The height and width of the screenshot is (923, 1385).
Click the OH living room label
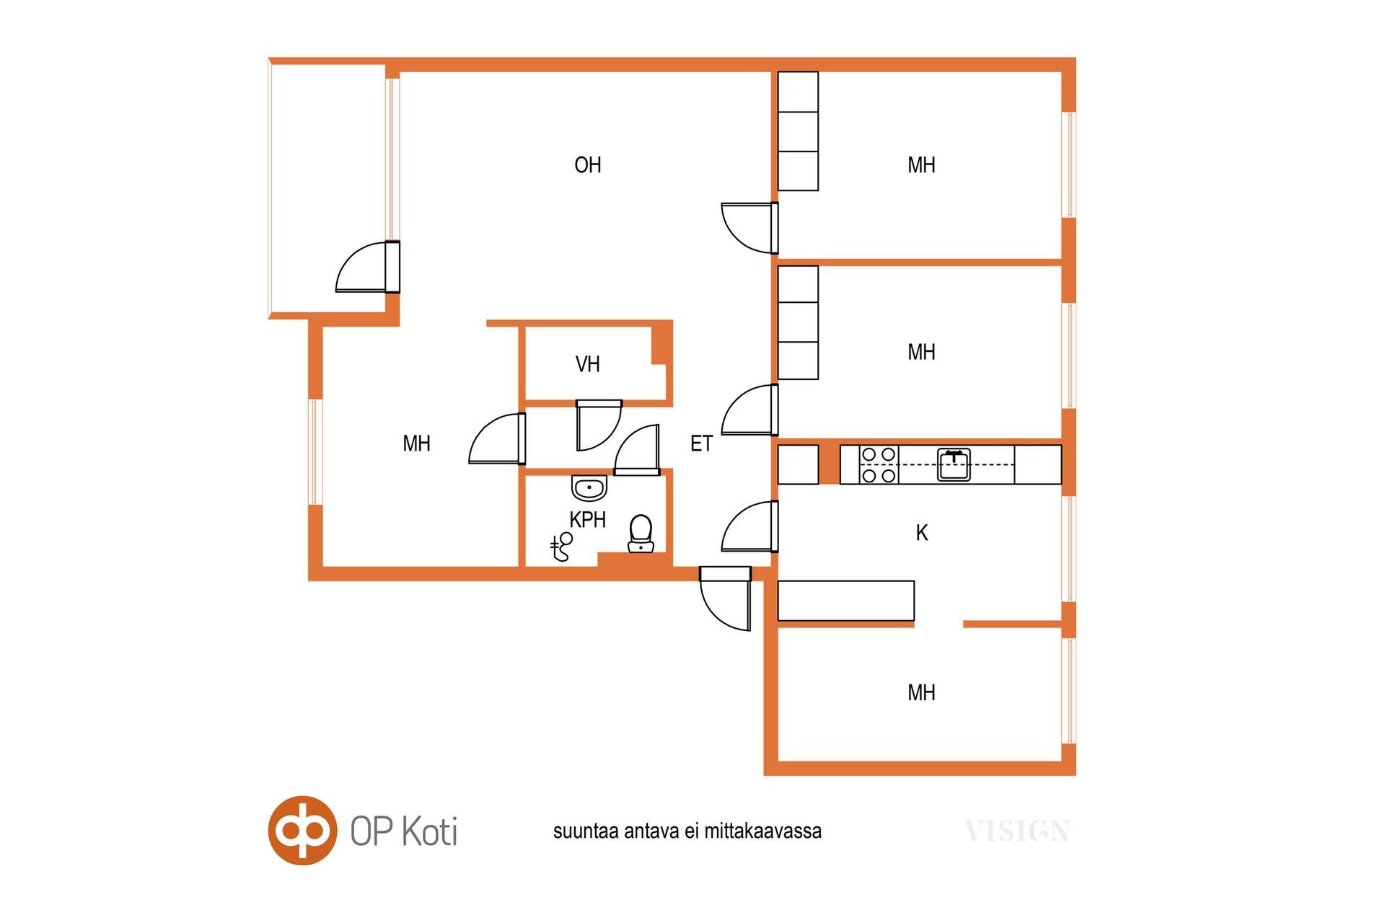coord(587,165)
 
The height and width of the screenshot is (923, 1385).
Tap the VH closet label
coord(587,364)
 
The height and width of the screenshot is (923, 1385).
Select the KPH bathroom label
coord(587,519)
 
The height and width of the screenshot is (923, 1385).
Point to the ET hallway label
coord(701,443)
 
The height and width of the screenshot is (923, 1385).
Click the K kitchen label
coord(921,533)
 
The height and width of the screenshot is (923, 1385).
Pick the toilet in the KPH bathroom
coord(641,534)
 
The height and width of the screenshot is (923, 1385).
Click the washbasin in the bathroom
coord(589,487)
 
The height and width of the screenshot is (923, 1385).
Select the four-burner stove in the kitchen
coord(879,464)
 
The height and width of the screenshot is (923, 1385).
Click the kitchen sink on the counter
coord(954,464)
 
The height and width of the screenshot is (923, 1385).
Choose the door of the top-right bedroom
coord(750,228)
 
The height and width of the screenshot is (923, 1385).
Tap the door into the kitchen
coord(750,526)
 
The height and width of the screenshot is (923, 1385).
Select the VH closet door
coord(599,425)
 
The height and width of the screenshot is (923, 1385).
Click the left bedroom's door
coord(497,438)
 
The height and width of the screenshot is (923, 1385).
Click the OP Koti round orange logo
coord(303,830)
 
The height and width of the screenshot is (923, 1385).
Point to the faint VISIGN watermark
coord(1017,831)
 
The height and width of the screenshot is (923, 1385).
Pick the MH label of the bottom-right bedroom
coord(921,693)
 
